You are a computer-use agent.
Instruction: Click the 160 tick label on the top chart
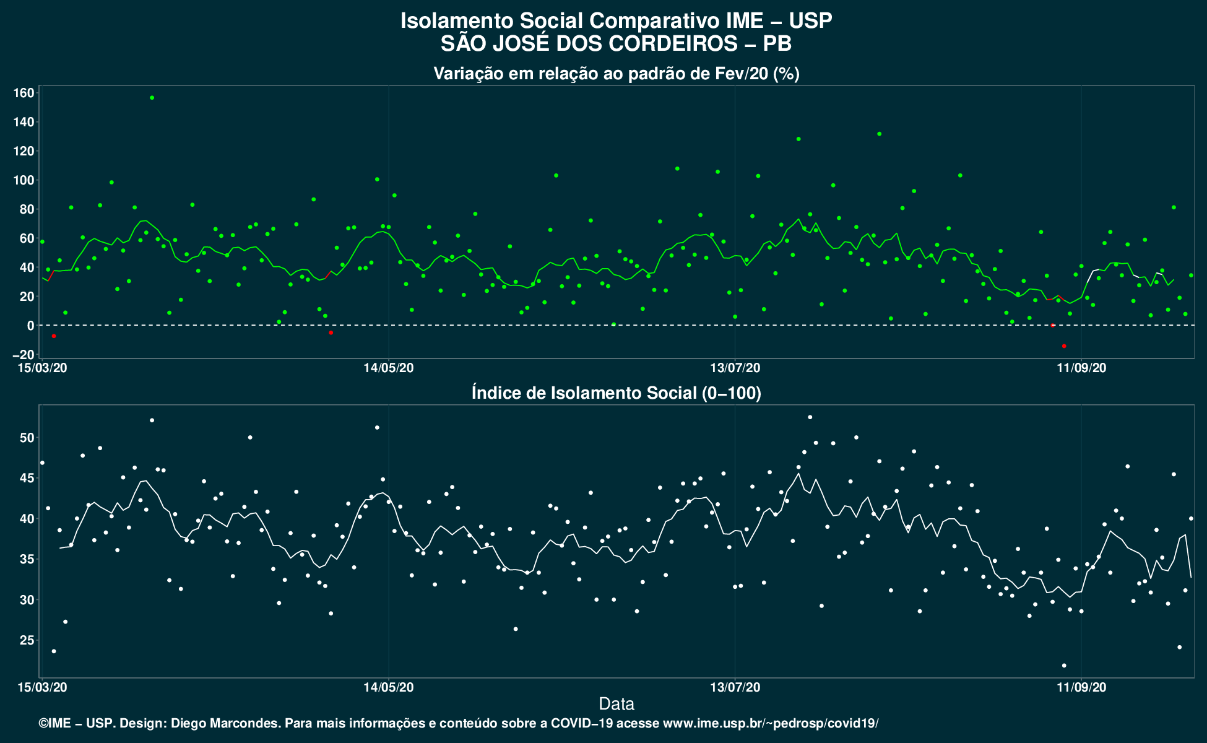[x=24, y=93]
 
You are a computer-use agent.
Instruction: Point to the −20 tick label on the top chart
[x=22, y=355]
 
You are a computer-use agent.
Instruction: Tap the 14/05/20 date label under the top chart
[x=389, y=368]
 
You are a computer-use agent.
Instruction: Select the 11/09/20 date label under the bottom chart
[x=1081, y=687]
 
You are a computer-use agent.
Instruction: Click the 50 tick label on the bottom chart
[x=27, y=438]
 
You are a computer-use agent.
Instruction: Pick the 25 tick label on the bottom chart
[x=27, y=640]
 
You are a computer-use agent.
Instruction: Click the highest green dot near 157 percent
[x=152, y=98]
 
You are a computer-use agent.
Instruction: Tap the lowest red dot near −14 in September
[x=1064, y=345]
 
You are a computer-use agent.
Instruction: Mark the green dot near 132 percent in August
[x=879, y=134]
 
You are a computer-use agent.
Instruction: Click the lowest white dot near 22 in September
[x=1064, y=666]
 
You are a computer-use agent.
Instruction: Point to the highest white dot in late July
[x=810, y=417]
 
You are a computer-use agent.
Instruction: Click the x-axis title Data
[x=616, y=704]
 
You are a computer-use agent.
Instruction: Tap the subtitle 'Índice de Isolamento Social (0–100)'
[x=616, y=393]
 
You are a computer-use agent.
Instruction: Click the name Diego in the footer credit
[x=189, y=723]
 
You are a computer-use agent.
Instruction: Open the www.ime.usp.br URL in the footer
[x=771, y=723]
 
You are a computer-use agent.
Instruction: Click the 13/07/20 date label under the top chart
[x=735, y=368]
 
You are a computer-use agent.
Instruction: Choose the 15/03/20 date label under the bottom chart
[x=43, y=687]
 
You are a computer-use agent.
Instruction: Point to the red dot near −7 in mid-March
[x=54, y=336]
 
